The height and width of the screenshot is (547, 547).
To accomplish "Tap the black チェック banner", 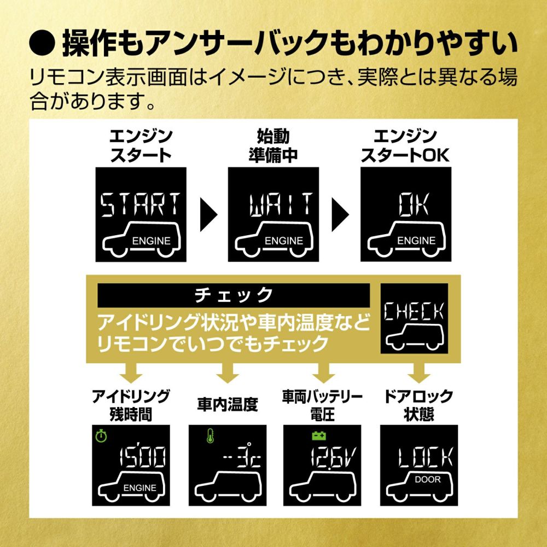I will point(234,295).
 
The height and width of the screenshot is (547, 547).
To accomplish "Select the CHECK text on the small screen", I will point(414,312).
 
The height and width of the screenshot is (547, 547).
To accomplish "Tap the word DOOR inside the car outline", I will point(426,480).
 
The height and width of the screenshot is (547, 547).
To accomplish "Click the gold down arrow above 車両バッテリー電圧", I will point(322,374).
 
